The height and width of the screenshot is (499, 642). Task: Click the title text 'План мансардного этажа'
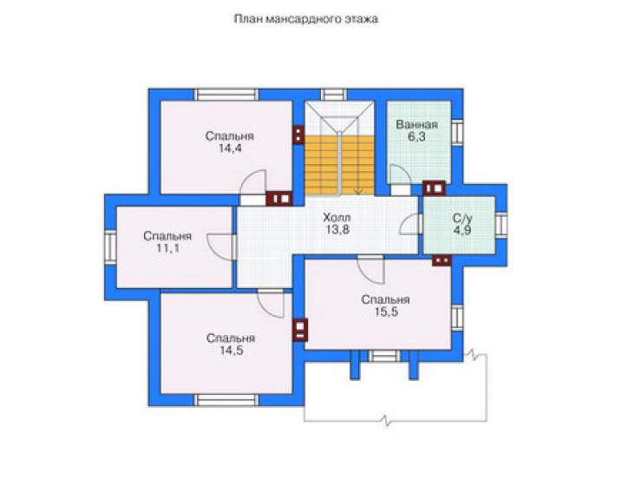(306, 19)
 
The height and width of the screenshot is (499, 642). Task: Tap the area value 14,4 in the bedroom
(230, 148)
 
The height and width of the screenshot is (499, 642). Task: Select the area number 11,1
(167, 248)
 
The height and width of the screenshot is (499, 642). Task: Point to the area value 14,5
(232, 351)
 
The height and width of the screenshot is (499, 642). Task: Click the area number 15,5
(386, 312)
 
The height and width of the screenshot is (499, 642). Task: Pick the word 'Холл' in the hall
(337, 217)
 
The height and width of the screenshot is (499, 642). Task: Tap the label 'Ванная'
(416, 125)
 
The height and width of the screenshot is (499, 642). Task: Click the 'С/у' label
(462, 219)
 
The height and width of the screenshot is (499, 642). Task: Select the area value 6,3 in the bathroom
(416, 137)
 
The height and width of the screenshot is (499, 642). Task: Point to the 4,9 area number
(462, 230)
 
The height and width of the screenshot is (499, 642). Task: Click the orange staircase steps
(340, 166)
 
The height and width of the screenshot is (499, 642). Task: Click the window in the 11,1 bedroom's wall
(110, 249)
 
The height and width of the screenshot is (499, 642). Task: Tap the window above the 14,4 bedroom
(226, 95)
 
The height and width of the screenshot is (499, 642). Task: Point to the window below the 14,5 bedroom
(226, 400)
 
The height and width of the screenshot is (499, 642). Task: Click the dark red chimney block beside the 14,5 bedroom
(300, 330)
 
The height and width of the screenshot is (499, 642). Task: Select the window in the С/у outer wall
(501, 225)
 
